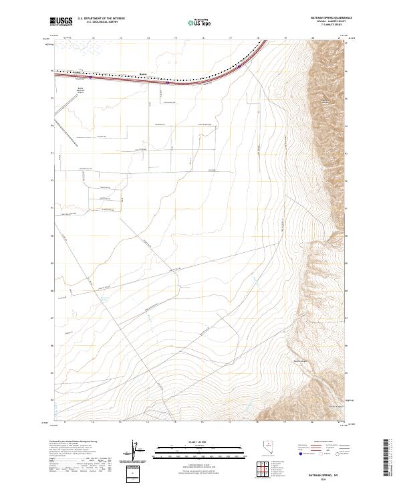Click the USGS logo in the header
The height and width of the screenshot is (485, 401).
[x=58, y=22]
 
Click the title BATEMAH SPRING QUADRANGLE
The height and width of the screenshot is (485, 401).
[x=325, y=17]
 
